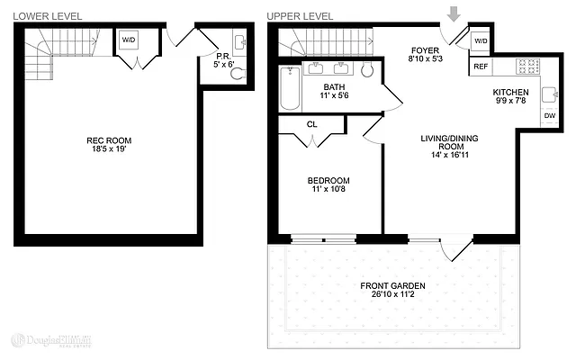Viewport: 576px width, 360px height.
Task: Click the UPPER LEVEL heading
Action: pyautogui.click(x=299, y=15)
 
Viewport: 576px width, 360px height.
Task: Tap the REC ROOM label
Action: pyautogui.click(x=109, y=140)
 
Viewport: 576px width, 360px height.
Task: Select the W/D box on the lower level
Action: pyautogui.click(x=129, y=41)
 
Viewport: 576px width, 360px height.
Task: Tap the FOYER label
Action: pyautogui.click(x=425, y=50)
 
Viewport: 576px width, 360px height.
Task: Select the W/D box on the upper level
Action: pyautogui.click(x=480, y=41)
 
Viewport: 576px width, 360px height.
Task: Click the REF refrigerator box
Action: pyautogui.click(x=480, y=67)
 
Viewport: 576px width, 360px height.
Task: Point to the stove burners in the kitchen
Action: pyautogui.click(x=527, y=66)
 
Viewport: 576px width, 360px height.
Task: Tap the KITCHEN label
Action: pyautogui.click(x=510, y=94)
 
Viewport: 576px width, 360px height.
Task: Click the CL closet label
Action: pyautogui.click(x=311, y=125)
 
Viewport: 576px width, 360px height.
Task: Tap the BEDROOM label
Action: pyautogui.click(x=328, y=180)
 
